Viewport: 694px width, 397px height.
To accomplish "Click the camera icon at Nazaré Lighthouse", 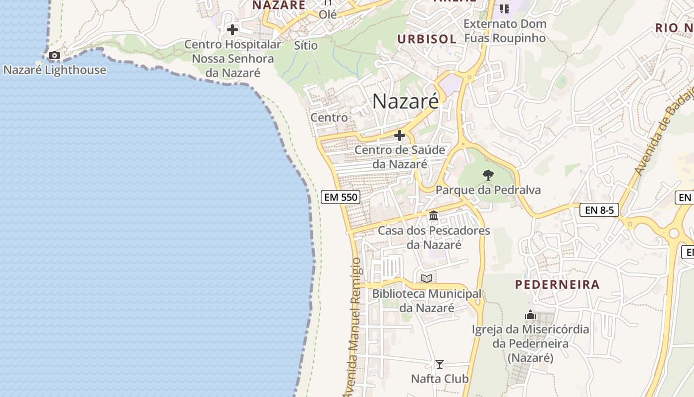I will pos(55,55).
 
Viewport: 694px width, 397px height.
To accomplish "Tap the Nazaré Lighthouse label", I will pos(55,70).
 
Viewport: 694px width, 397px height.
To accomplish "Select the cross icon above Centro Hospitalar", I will pos(232,30).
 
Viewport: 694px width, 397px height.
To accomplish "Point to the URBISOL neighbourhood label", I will pos(426,39).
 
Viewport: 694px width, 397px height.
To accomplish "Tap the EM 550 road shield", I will pos(340,197).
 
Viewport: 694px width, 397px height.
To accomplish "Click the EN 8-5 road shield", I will pos(599,210).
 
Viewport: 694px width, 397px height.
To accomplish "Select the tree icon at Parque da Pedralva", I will pos(488,175).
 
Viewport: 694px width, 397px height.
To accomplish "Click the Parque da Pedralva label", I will pos(488,190).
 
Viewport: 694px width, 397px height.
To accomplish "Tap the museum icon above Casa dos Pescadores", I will pos(434,215).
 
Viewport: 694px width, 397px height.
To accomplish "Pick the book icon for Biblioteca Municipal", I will pos(427,278).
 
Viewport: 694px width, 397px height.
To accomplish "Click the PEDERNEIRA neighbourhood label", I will pos(557,285).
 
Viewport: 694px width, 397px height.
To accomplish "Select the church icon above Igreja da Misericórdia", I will pos(530,315).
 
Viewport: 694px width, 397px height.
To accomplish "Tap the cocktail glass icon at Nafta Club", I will pos(439,364).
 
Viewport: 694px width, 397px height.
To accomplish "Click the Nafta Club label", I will pos(440,379).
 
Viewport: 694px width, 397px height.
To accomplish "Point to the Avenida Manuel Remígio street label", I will pos(353,328).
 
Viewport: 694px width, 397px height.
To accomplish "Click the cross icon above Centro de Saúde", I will pos(400,135).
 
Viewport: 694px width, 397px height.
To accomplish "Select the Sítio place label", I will pos(306,45).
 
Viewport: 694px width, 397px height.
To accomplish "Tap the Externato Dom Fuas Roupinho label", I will pos(505,31).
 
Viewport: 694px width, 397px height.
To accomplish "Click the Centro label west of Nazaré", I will pos(329,118).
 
